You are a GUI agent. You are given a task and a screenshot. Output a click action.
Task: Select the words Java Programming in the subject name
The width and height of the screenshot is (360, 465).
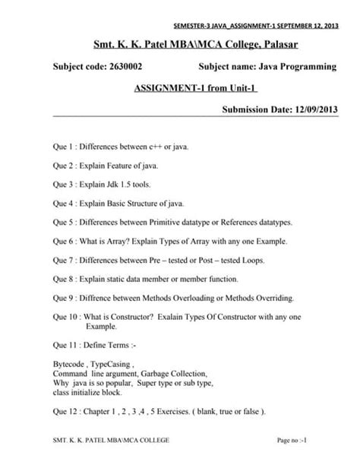[292, 68]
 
